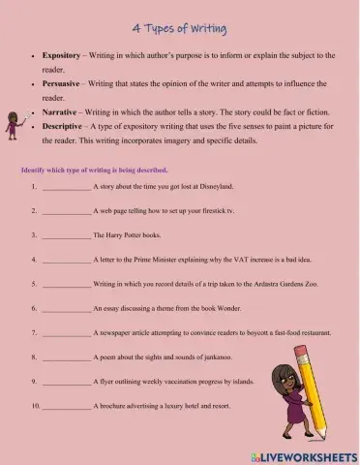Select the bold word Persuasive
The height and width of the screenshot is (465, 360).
coord(64,83)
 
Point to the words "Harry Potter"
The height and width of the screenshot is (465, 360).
coord(129,235)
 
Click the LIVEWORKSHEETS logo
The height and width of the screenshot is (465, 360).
coord(306,455)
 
